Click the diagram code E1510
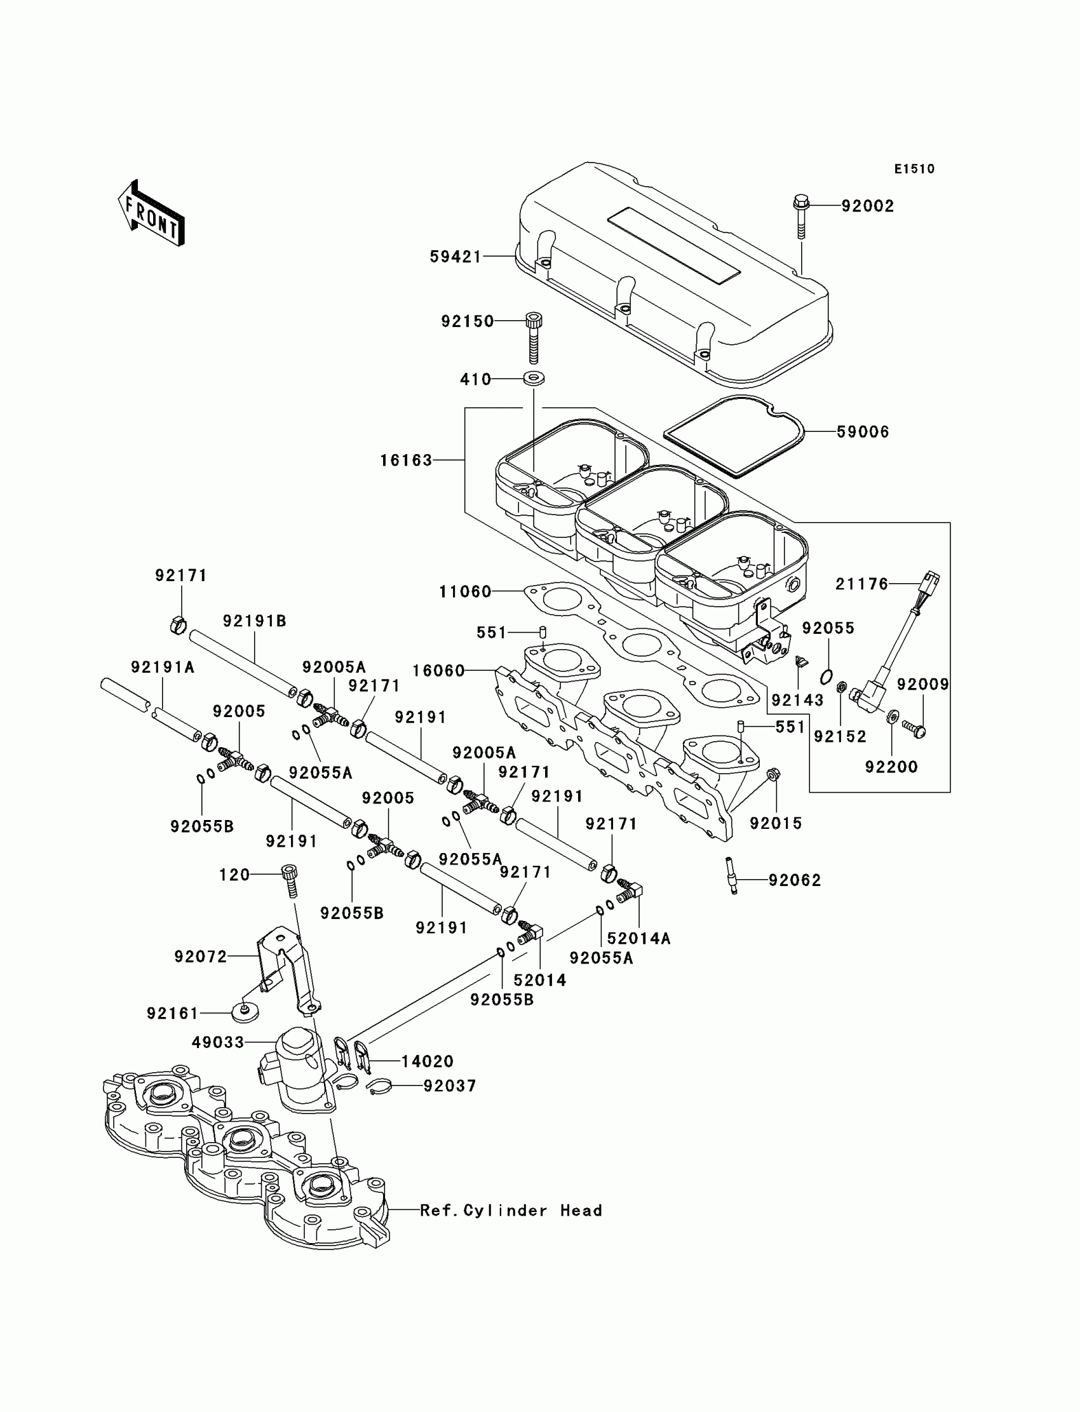[914, 169]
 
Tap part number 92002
[868, 206]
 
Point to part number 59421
[456, 257]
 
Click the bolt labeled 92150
[533, 337]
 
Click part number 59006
[863, 432]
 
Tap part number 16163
[407, 460]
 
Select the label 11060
[466, 591]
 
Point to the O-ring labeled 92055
[828, 676]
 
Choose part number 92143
[797, 700]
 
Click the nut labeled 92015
[774, 774]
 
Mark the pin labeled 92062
[732, 875]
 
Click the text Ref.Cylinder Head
[511, 1211]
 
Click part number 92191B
[255, 621]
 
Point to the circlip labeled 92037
[380, 1086]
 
